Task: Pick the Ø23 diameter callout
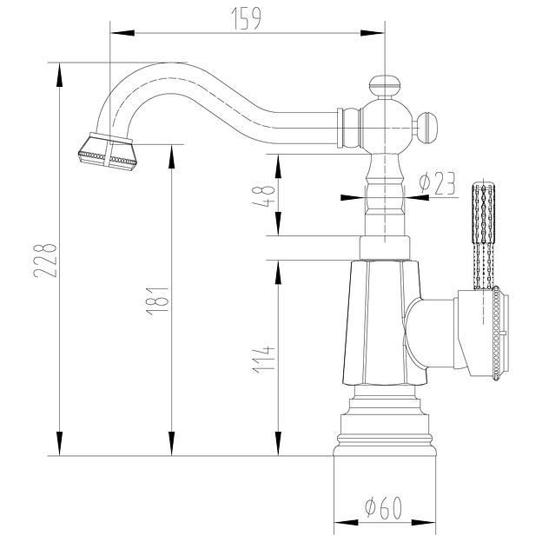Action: [437, 183]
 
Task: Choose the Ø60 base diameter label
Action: [383, 507]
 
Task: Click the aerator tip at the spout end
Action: [107, 150]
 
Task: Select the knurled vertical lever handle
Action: [483, 230]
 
